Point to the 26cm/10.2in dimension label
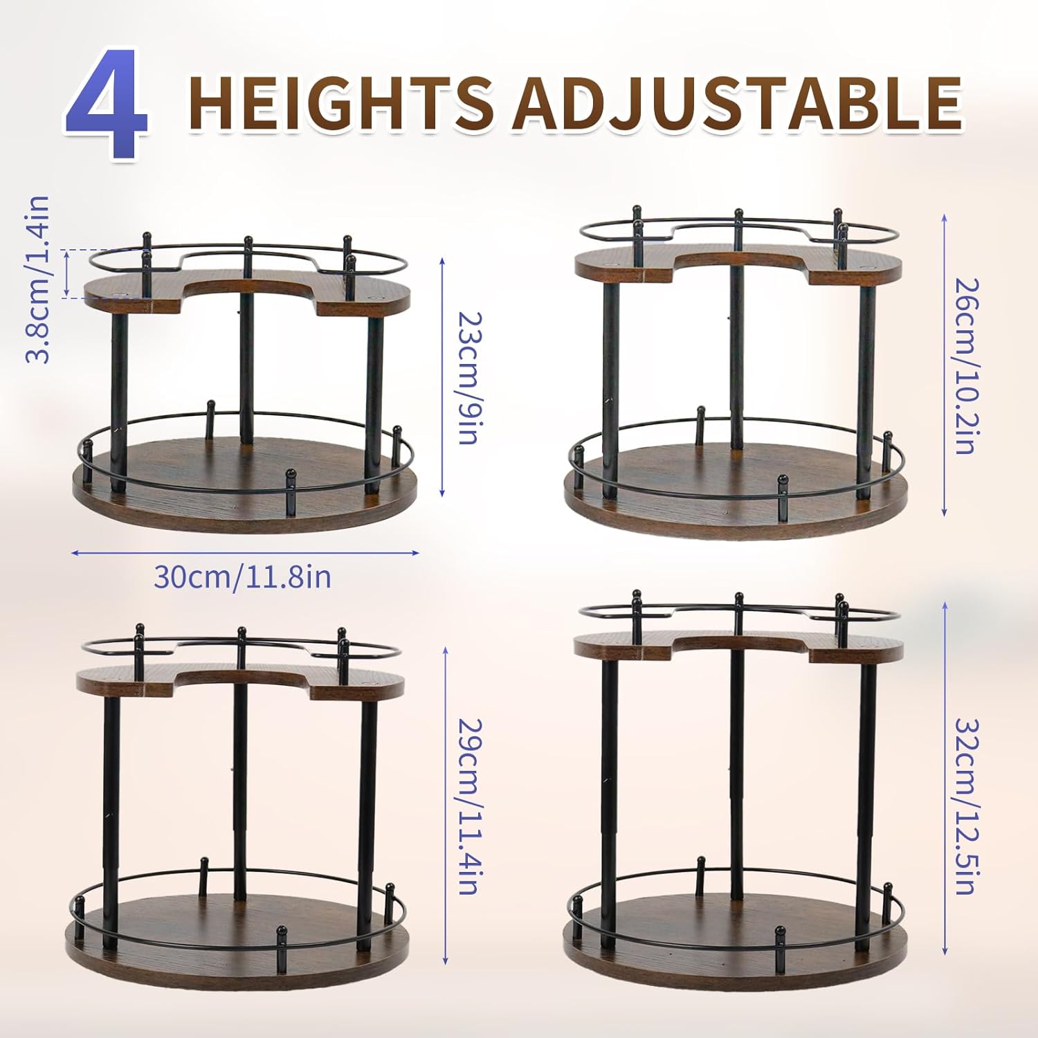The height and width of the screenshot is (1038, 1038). pos(966,365)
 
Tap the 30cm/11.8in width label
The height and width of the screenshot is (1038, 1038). pos(242,576)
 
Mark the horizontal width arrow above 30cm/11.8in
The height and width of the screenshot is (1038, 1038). pos(245,552)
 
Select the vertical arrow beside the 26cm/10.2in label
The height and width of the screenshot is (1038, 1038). pos(945,365)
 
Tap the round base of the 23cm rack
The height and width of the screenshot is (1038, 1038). pos(245,484)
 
